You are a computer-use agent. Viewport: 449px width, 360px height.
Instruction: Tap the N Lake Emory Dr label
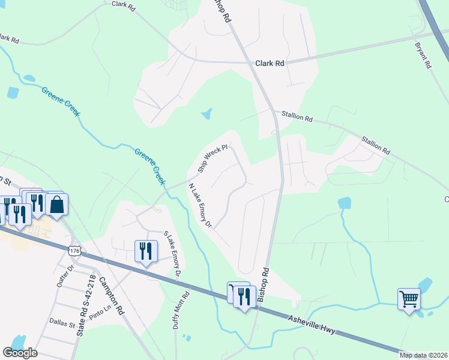(x=200, y=206)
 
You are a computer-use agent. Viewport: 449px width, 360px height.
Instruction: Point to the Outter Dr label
(x=64, y=276)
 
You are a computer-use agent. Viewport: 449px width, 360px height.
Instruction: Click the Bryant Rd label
(x=423, y=55)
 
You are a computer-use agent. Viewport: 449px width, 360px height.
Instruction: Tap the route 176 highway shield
(x=74, y=250)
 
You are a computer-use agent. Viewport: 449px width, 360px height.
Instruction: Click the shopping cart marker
(x=409, y=298)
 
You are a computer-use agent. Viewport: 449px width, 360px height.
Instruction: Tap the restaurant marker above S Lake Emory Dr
(x=146, y=251)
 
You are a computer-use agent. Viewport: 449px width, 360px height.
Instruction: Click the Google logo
(x=20, y=353)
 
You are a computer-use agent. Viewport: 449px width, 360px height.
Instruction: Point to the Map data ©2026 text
(x=423, y=355)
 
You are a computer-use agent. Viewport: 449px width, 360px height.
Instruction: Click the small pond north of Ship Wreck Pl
(x=206, y=113)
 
